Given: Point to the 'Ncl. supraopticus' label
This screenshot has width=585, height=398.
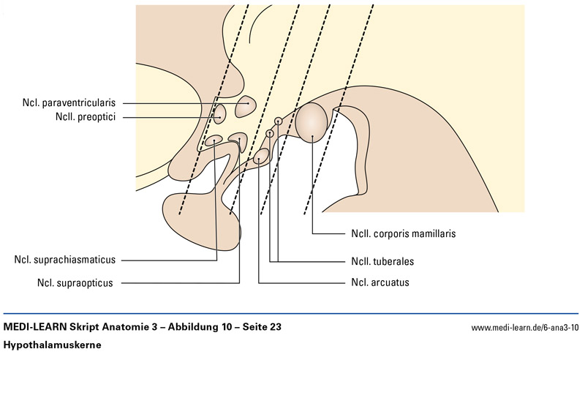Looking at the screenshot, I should (75, 282).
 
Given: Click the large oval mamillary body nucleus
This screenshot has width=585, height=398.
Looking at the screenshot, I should (312, 122).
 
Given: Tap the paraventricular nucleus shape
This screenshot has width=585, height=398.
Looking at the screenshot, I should (246, 107).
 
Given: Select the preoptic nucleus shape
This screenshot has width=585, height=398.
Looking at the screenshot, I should (219, 113).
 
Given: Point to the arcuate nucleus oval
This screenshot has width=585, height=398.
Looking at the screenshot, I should (260, 154).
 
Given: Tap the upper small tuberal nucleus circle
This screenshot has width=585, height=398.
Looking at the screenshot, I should (278, 121).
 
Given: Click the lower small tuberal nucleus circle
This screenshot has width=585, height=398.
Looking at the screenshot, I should (270, 134).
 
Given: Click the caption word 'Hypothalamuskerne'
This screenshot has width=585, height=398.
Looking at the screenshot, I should (53, 344).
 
